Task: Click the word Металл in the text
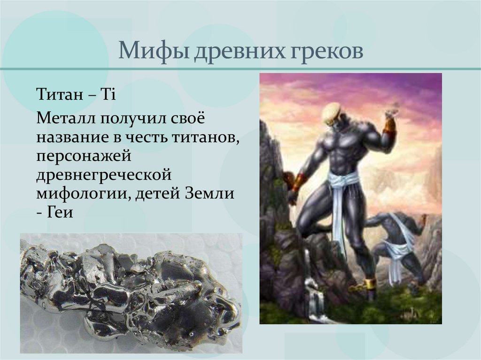(x=64, y=118)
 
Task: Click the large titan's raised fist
(x=391, y=112)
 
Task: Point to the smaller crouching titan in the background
(x=397, y=244)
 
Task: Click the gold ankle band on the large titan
(x=370, y=283)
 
